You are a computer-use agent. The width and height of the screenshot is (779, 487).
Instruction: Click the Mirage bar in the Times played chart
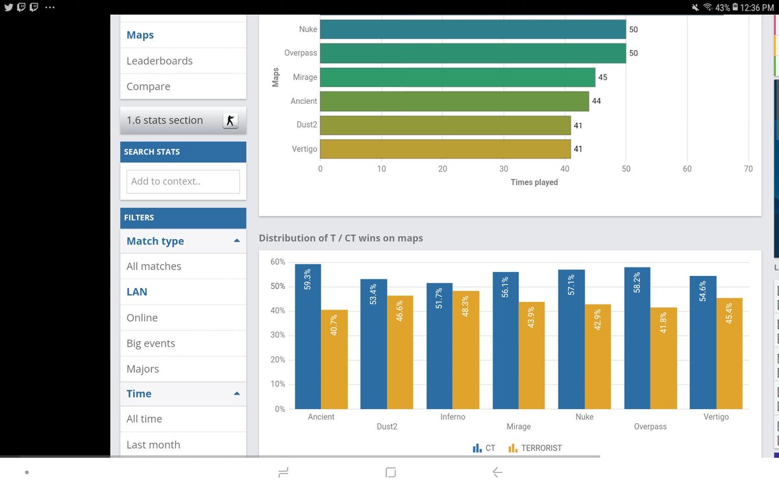tap(457, 77)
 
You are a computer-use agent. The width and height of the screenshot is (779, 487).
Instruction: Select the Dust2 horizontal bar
tap(445, 125)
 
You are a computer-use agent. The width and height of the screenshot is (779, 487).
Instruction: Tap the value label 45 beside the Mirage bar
tap(602, 77)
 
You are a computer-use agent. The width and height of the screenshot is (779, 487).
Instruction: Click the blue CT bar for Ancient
tap(308, 336)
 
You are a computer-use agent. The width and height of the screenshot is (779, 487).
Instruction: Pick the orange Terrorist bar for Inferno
tap(465, 350)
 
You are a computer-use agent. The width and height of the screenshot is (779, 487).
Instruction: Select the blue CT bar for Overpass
tap(637, 338)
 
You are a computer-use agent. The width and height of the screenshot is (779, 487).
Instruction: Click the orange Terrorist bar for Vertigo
tap(729, 353)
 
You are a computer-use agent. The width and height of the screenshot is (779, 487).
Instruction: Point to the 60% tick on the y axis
tap(278, 262)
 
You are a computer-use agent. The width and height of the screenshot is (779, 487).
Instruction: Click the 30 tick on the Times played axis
tap(504, 169)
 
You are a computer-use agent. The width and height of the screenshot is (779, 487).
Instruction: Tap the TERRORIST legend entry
tap(535, 448)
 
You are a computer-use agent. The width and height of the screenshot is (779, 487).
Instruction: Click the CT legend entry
tap(484, 448)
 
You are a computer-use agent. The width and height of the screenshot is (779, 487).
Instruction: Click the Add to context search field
tap(183, 181)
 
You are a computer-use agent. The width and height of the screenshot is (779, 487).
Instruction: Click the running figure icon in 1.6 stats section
tap(230, 121)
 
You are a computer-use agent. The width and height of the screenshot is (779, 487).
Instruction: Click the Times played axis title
tap(534, 182)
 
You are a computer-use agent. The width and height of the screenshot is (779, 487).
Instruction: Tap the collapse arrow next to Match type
tap(237, 241)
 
